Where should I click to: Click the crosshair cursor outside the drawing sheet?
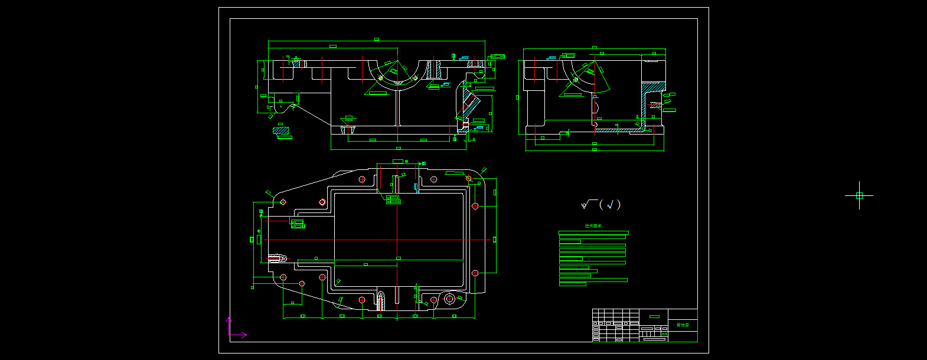pos(859,195)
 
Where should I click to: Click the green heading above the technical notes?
pos(593,225)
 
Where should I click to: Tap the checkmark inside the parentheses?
pos(611,205)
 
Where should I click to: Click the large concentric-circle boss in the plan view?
pos(449,299)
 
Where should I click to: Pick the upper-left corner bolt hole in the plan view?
pos(283,202)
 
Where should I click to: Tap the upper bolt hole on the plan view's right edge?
pos(475,206)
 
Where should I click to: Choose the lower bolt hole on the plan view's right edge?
pos(475,273)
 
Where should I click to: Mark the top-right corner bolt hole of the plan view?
pos(469,178)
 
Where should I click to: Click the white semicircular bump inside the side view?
pos(596,107)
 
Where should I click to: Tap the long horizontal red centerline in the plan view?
pos(378,240)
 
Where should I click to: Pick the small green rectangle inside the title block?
pos(654,316)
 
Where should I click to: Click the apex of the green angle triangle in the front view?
pos(397,60)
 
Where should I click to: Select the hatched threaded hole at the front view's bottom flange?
pos(348,129)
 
